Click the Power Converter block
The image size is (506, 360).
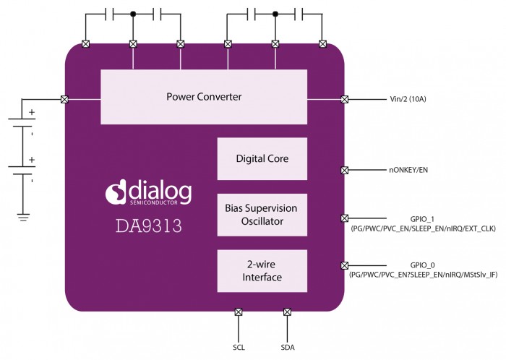[203, 96]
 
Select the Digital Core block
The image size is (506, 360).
[261, 158]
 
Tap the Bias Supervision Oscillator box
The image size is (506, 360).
[261, 214]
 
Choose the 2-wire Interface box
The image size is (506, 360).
[261, 270]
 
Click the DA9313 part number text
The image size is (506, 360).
[149, 226]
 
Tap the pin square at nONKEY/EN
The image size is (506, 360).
[344, 171]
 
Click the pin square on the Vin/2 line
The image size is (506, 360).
[344, 99]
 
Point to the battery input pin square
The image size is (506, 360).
[64, 99]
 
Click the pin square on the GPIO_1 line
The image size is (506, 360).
[344, 218]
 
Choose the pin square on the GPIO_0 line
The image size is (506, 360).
[344, 265]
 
